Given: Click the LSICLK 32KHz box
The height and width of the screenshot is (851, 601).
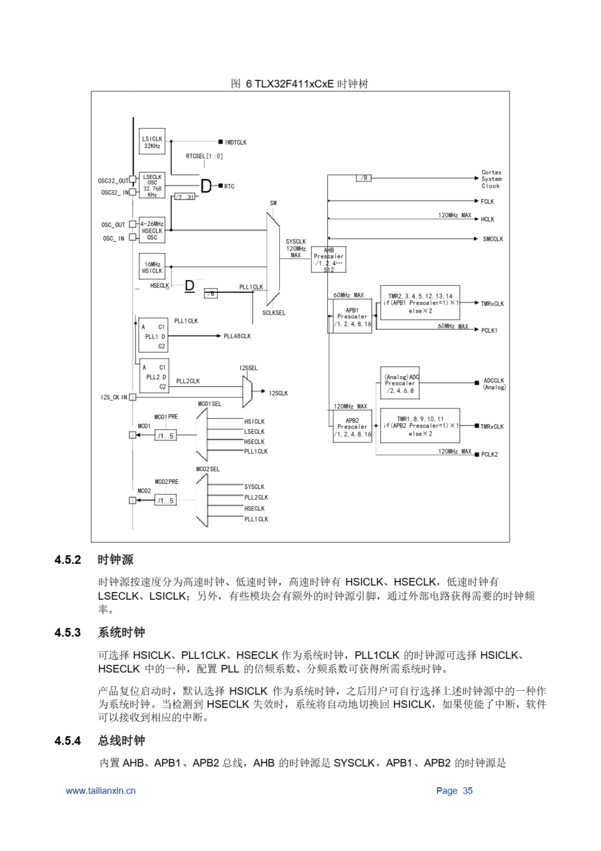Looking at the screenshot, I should pos(152,142).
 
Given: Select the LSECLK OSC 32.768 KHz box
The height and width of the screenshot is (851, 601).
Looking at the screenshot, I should pos(152,185).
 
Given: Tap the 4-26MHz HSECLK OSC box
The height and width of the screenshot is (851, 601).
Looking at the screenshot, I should pos(152,230).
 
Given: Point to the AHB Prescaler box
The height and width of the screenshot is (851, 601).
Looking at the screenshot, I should pos(328,259).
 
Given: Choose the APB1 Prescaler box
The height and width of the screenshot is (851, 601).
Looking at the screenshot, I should pos(352,316).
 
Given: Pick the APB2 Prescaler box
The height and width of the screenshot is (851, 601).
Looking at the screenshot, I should pos(352,427).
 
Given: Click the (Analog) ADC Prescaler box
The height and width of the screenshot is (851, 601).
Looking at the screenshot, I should pos(400,383).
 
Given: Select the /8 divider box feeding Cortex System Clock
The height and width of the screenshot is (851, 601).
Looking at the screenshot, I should pos(364,178).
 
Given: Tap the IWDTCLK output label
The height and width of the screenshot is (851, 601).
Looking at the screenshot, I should pos(235,142).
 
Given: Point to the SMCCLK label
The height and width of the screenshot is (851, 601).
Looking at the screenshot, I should pos(493,239).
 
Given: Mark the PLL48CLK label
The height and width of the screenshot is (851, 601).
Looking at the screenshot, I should pos(237,336).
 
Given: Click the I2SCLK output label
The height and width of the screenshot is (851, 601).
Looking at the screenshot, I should pos(279,393).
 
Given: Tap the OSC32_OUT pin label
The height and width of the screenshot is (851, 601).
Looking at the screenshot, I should pos(113,181).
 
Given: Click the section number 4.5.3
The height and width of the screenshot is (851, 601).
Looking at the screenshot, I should pos(67,632).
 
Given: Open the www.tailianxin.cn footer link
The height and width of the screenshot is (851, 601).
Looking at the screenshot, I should pos(101,791).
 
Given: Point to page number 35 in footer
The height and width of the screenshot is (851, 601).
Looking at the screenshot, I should pos(467,791).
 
